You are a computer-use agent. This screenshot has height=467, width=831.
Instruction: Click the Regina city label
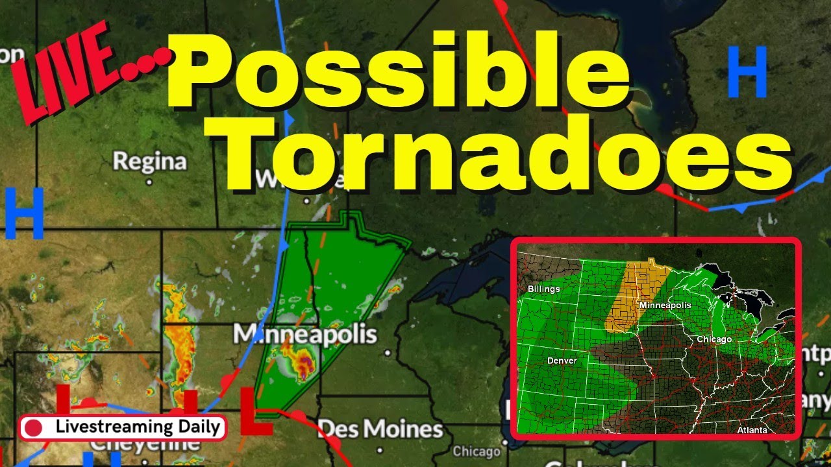coord(149,161)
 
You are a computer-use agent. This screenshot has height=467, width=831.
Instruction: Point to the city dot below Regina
coord(150,182)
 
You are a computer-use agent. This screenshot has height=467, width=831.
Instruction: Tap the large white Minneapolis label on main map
coord(304,335)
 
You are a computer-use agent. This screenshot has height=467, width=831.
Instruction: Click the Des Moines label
coord(380,429)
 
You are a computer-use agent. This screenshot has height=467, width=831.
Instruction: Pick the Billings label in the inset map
coord(543,289)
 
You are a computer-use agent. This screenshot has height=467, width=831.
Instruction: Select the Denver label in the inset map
coord(562,360)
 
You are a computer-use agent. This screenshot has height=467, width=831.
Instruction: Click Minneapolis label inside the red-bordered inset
coord(665,305)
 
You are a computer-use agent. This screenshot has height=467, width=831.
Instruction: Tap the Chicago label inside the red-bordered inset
coord(714,339)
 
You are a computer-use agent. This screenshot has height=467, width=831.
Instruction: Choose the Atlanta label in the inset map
coord(752,430)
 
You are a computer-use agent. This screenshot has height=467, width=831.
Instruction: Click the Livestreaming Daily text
coord(140,427)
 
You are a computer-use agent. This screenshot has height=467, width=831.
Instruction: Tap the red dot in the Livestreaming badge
coord(33,428)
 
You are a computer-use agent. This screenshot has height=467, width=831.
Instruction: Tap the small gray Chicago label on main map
coord(477,451)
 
